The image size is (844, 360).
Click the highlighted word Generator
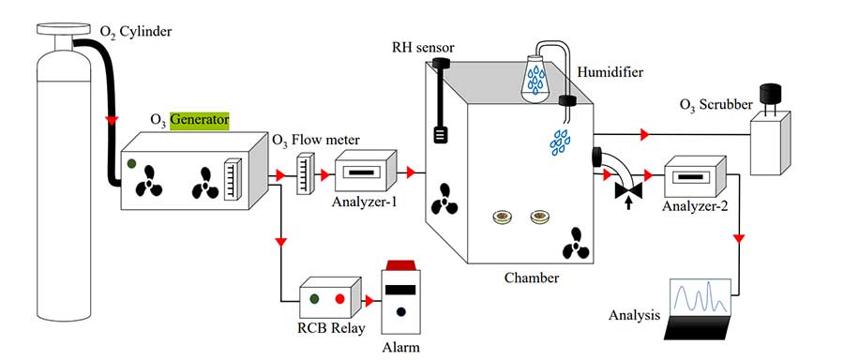199,119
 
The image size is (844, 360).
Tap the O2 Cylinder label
136,33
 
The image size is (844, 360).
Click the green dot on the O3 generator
131,163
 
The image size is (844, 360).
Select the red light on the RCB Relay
339,299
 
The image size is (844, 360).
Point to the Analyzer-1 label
364,202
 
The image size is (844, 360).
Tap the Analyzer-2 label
695,206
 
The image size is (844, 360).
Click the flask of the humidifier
535,78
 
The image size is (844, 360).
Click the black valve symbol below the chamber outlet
627,190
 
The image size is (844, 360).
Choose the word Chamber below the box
532,278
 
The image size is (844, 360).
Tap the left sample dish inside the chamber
503,217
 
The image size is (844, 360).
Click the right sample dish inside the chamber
539,217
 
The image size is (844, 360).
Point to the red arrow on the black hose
112,121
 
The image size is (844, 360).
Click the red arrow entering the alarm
369,300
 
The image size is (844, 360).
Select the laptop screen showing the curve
700,297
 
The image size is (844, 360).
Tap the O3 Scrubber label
716,105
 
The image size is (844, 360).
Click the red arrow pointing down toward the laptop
739,238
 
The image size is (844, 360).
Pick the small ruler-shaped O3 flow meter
305,173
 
